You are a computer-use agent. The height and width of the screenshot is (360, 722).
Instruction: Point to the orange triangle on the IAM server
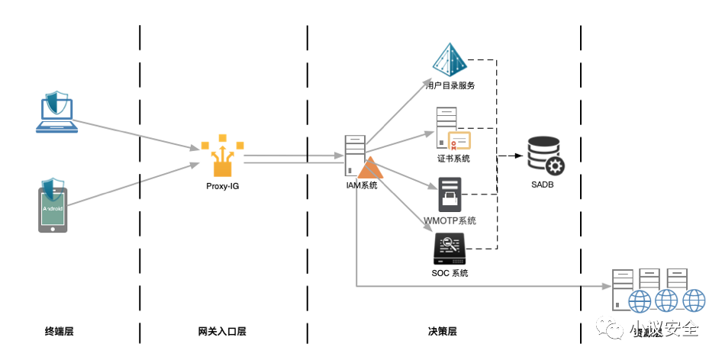point(370,169)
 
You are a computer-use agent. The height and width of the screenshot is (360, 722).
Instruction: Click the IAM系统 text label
point(362,185)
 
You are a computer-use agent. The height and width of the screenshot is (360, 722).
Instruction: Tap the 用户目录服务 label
point(450,85)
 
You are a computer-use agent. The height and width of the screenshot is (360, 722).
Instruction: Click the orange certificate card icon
point(459,140)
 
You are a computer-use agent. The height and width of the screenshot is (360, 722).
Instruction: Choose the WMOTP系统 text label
point(450,221)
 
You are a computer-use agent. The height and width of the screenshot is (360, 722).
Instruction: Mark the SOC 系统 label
point(450,273)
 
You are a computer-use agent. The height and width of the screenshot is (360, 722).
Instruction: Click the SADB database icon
point(545,156)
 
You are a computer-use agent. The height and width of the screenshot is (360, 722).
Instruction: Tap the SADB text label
point(545,186)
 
